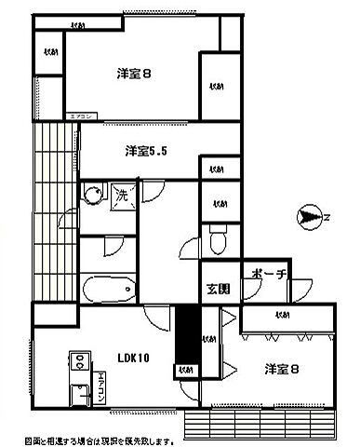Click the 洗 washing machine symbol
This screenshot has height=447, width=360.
point(122,196)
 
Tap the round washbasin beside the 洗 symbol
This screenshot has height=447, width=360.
point(92,196)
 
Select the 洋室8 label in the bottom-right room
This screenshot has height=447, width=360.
point(279,370)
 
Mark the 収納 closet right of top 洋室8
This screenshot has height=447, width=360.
point(216,86)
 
